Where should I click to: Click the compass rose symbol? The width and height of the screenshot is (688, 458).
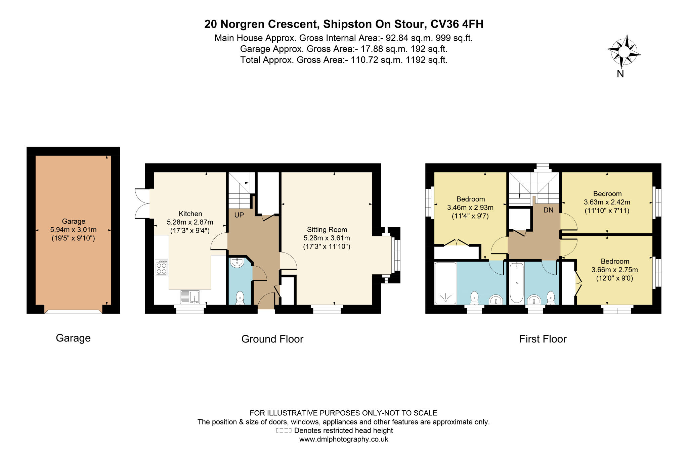(624, 52)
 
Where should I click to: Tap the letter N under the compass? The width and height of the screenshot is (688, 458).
(620, 74)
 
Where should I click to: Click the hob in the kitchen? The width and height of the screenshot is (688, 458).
(162, 267)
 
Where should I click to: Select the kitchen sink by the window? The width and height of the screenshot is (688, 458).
(190, 297)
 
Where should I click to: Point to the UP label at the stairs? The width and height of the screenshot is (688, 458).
(239, 215)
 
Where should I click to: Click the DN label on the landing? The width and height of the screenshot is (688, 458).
(548, 210)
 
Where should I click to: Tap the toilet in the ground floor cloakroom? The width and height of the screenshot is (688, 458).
(240, 298)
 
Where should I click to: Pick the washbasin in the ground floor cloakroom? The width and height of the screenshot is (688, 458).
(238, 263)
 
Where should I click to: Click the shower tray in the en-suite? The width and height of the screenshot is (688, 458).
(445, 283)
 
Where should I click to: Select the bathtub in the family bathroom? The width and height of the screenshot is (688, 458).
(516, 283)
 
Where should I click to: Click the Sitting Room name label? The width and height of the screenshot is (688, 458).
(327, 230)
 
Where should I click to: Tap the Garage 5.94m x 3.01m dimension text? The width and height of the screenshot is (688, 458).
(73, 230)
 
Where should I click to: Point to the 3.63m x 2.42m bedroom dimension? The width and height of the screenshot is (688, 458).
(607, 202)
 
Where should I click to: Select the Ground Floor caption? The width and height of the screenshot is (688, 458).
(272, 339)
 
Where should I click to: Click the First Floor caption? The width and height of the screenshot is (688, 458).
(543, 339)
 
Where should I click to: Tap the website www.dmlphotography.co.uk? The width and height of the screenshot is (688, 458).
(344, 439)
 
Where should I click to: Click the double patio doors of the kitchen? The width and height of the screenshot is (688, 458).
(142, 203)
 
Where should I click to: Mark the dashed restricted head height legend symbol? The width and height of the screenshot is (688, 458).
(284, 430)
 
